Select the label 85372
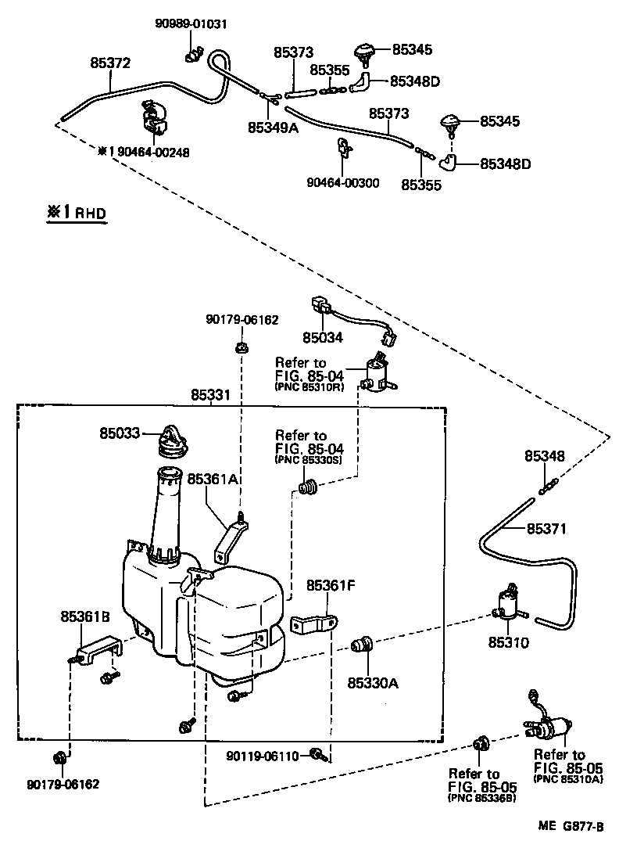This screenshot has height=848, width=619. (110, 63)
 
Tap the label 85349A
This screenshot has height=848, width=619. (273, 127)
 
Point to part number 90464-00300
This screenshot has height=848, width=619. (342, 183)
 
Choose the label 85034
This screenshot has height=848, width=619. (323, 338)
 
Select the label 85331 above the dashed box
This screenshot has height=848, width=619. (211, 396)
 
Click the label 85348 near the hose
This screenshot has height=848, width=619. (544, 456)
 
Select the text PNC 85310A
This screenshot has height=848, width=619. (567, 780)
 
